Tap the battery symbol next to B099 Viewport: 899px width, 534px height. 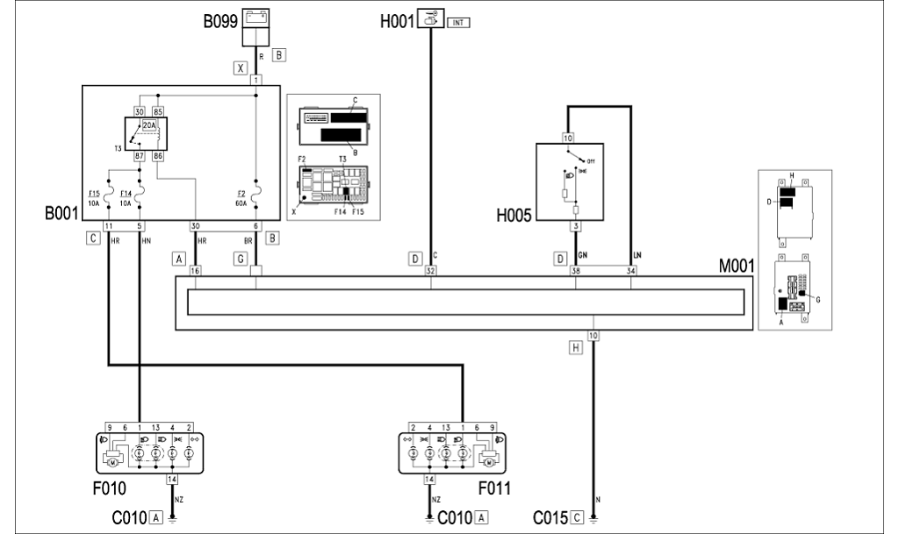pyautogui.click(x=255, y=16)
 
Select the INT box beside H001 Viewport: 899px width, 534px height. pyautogui.click(x=459, y=22)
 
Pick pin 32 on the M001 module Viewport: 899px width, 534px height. pyautogui.click(x=430, y=272)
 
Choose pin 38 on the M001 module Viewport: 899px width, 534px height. pyautogui.click(x=575, y=272)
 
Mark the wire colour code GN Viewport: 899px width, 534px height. pyautogui.click(x=583, y=256)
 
